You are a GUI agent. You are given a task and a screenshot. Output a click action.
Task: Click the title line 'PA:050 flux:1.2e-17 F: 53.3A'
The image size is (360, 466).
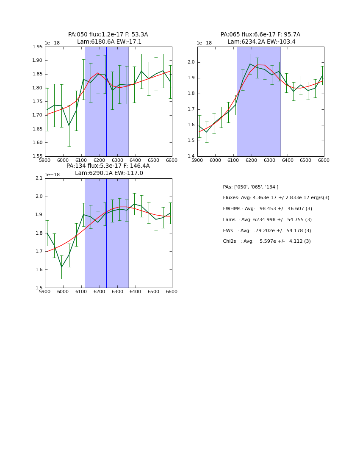(108, 35)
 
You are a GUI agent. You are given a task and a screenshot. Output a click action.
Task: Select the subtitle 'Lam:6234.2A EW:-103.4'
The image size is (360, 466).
(261, 42)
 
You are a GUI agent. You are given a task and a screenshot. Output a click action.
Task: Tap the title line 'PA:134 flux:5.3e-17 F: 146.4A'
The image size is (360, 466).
(108, 166)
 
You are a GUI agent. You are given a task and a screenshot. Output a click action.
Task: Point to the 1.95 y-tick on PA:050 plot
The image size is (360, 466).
(38, 47)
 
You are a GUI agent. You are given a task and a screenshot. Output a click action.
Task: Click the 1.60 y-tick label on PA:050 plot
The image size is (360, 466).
(38, 143)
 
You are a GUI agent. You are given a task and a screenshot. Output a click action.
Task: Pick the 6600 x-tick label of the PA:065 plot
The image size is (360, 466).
(324, 161)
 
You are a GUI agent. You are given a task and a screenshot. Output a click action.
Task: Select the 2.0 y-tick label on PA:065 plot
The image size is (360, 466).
(191, 62)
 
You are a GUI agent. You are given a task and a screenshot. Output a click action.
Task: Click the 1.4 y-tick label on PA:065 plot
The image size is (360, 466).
(191, 156)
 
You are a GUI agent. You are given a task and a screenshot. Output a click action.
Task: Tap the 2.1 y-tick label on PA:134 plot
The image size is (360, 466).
(39, 178)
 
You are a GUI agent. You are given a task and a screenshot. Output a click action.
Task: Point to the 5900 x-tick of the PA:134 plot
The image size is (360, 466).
(45, 292)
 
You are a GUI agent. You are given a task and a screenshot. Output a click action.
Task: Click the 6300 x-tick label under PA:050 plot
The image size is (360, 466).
(117, 161)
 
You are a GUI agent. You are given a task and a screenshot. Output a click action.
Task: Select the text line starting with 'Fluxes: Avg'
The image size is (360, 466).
(276, 198)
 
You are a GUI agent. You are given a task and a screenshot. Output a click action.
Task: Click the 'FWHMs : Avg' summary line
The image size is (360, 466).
(267, 209)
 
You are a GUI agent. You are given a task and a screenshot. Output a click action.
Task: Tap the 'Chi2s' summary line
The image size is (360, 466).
(267, 241)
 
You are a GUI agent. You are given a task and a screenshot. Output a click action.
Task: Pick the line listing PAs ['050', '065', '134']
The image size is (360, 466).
(251, 187)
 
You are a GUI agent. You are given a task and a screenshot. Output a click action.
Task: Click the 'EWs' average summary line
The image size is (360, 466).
(267, 231)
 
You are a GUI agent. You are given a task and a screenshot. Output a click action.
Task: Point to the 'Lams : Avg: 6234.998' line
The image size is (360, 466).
(267, 220)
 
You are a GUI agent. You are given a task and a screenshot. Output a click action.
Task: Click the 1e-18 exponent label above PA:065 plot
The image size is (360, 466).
(204, 43)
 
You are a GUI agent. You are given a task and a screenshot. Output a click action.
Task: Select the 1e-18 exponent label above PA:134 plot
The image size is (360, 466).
(52, 175)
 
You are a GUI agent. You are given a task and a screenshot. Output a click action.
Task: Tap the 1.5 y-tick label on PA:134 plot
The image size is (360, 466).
(39, 288)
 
